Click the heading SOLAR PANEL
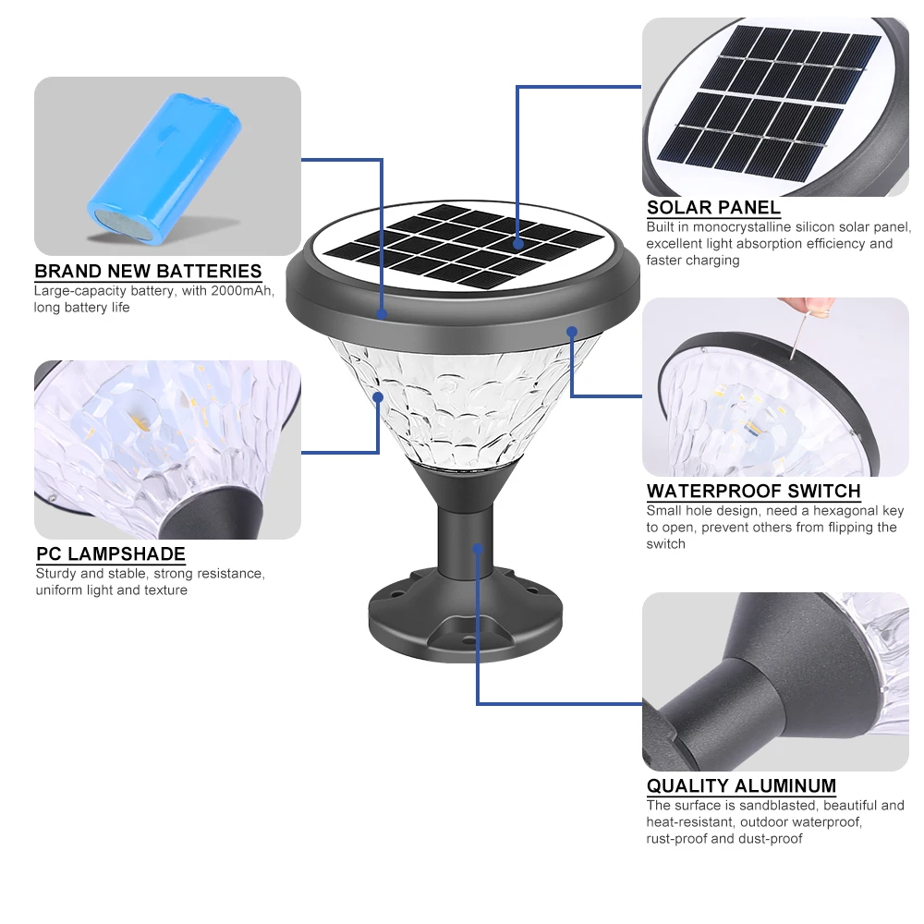point(713,208)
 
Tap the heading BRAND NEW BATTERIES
point(148,272)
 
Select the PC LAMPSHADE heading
point(111,554)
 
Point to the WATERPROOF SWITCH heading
point(753,492)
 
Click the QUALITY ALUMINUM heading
point(741,786)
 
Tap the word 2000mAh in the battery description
point(249,291)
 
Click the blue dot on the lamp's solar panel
point(517,244)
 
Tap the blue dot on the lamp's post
point(478,549)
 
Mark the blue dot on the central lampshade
point(379,396)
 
